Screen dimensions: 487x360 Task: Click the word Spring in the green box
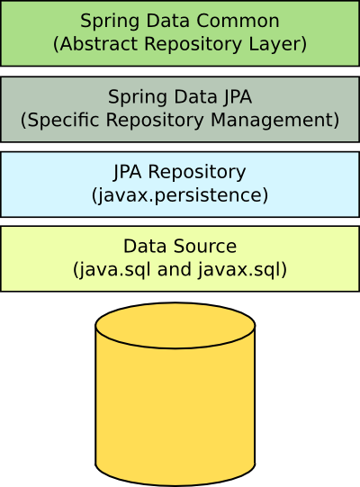(x=104, y=22)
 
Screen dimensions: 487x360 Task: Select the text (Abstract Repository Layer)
(x=180, y=43)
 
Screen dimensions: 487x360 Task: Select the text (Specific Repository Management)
(x=180, y=119)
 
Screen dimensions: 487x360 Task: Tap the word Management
(x=286, y=119)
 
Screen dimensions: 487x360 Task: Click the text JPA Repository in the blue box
(x=180, y=172)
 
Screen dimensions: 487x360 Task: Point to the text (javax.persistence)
(x=180, y=194)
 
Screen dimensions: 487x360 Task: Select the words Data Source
(x=180, y=246)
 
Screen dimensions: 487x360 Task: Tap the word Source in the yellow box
(x=207, y=246)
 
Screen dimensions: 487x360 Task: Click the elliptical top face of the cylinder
(x=175, y=325)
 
